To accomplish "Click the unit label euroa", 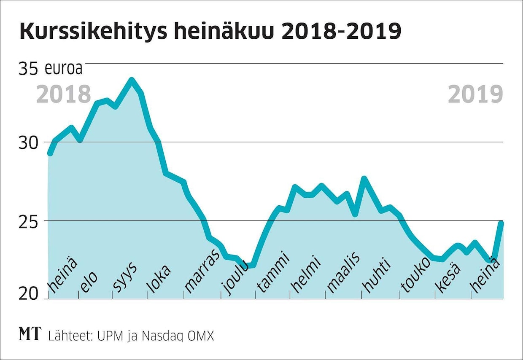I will (64, 69).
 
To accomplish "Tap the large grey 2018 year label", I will (64, 94).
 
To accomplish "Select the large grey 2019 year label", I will (476, 94).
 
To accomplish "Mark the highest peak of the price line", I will (132, 80).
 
